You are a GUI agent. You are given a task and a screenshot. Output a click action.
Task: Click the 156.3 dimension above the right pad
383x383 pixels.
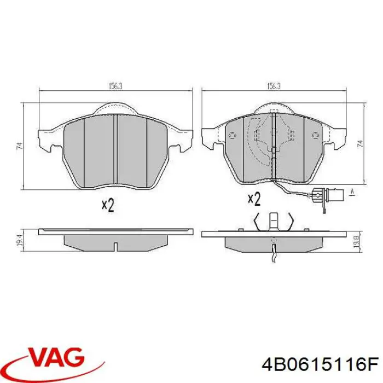[x=274, y=86]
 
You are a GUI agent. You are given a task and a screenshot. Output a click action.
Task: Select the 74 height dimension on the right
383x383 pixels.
[x=359, y=143]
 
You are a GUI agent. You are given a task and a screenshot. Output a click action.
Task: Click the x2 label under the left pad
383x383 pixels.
[x=108, y=205]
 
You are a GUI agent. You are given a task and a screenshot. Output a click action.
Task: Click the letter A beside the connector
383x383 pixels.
[x=352, y=191]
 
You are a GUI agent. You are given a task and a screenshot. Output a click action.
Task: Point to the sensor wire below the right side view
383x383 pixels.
[x=274, y=253]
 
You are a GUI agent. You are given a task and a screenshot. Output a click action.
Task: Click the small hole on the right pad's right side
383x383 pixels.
[x=315, y=135]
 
